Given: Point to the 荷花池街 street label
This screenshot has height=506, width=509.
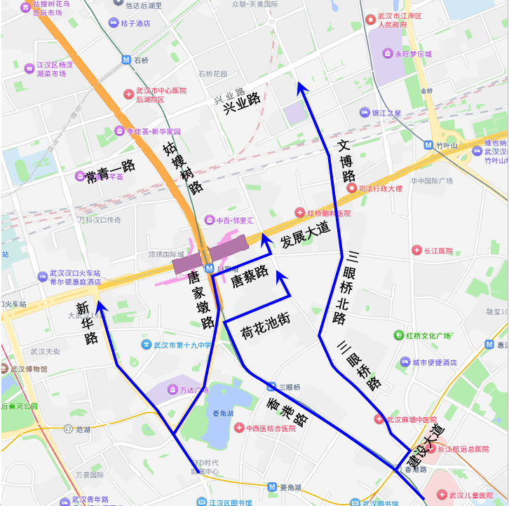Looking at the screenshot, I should click(265, 324).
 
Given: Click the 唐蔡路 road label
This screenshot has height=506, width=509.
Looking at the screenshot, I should click(250, 278).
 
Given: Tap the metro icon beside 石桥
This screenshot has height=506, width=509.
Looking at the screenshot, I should click(125, 60).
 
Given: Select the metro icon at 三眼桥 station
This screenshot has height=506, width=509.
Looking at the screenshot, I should click(271, 387).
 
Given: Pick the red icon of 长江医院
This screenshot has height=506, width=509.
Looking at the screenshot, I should click(416, 250).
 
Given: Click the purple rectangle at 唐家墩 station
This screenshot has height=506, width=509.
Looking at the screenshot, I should click(211, 254).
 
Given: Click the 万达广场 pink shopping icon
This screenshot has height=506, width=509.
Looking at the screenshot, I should click(172, 390).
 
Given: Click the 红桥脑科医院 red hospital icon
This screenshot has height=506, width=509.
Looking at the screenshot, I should click(300, 213).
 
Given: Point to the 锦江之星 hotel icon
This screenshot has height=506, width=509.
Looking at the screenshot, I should click(364, 113).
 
